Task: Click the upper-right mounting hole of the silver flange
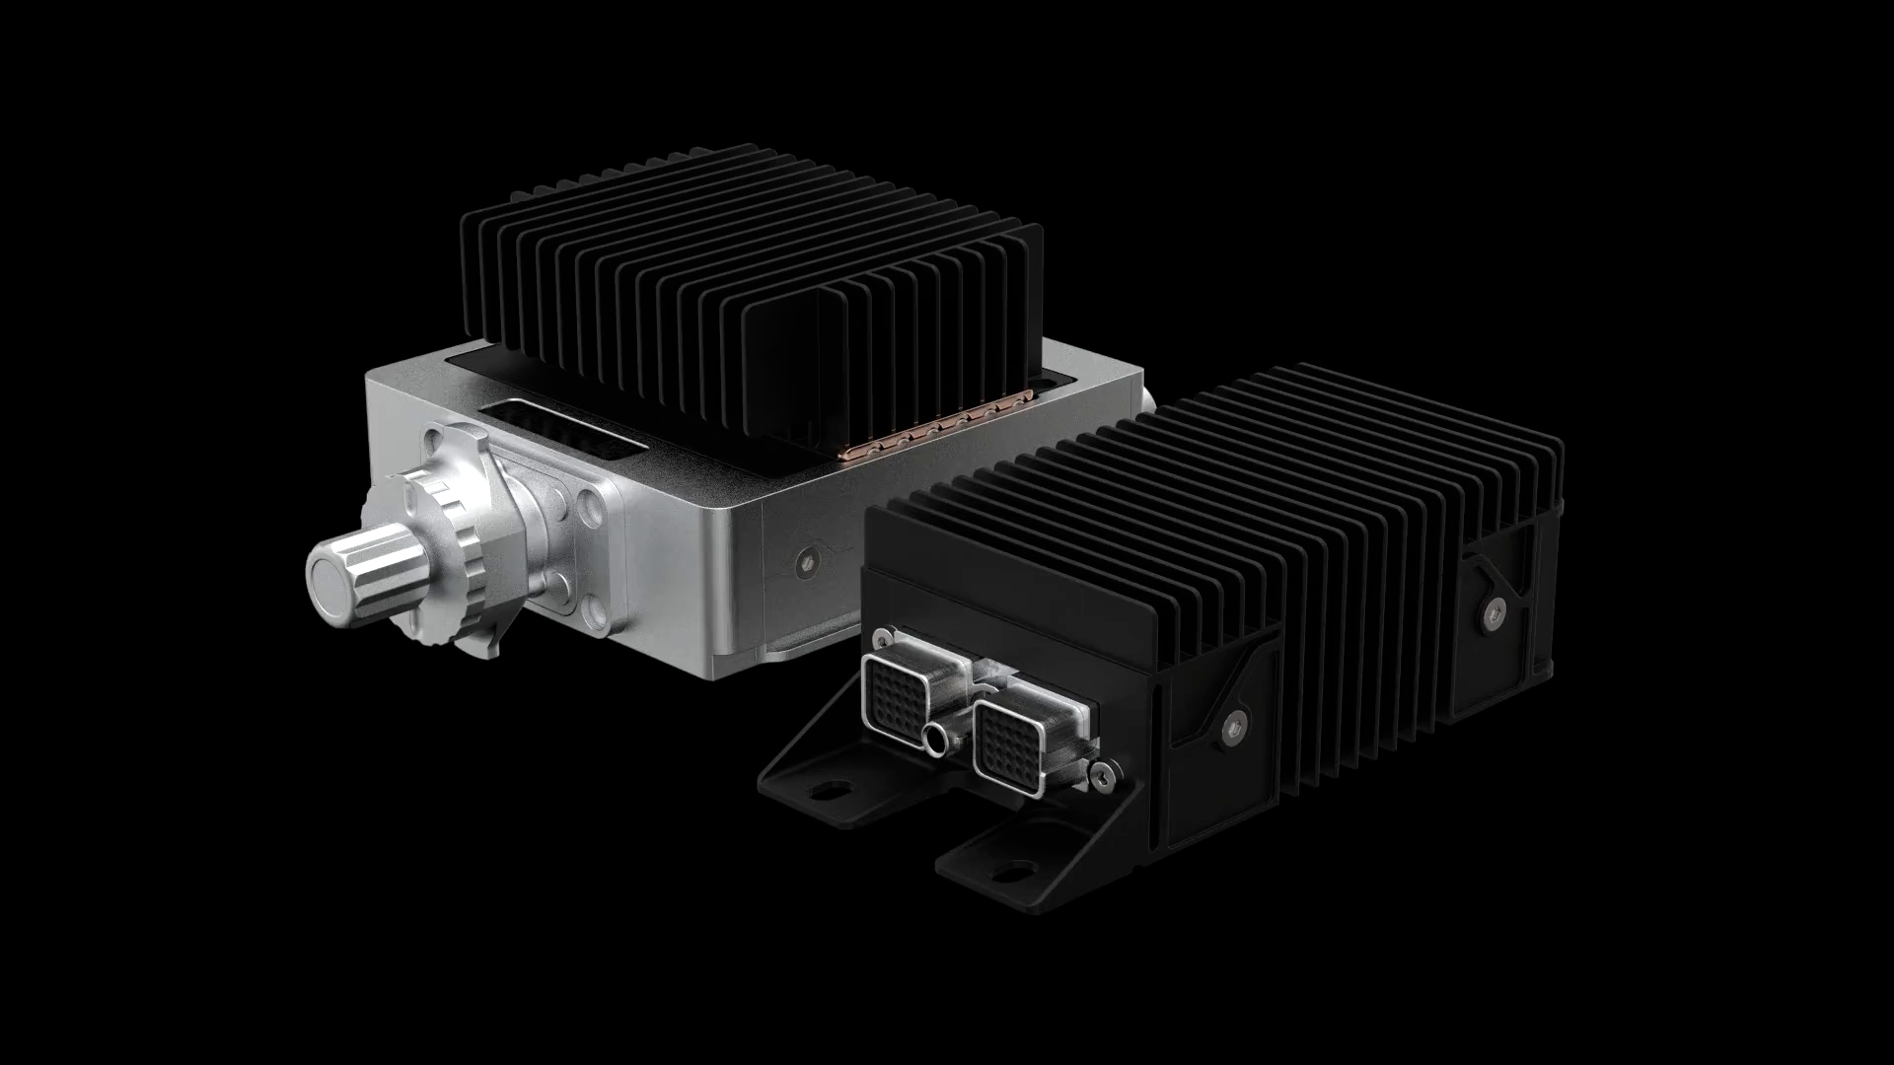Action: point(593,514)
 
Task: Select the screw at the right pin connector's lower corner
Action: point(1103,780)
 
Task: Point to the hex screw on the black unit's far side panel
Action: point(1495,612)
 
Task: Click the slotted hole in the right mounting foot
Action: point(1016,872)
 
